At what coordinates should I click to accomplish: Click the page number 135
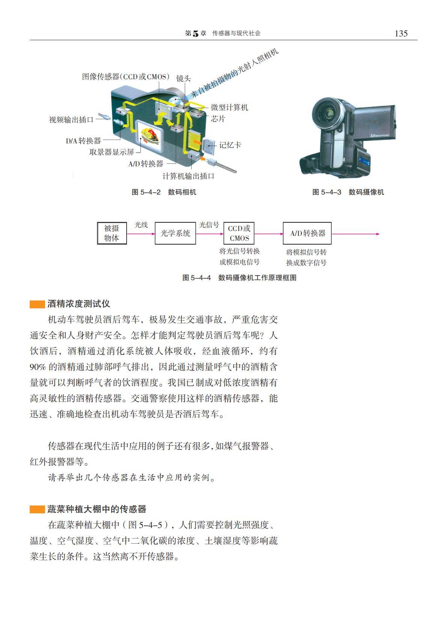[401, 33]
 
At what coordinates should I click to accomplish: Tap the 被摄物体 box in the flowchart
[112, 233]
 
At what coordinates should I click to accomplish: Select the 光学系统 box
[175, 233]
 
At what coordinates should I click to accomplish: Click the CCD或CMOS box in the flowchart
[239, 233]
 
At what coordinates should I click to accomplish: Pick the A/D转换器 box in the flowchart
[307, 233]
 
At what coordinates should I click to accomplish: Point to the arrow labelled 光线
[141, 234]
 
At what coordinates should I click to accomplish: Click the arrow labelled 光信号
[210, 234]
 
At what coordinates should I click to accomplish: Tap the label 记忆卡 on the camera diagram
[230, 145]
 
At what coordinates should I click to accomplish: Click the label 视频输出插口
[71, 120]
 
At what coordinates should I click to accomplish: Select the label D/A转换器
[83, 140]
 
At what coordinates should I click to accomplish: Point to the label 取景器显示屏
[112, 152]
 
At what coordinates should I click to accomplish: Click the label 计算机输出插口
[188, 176]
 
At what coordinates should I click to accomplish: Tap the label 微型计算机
[229, 107]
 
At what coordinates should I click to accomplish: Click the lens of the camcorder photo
[328, 114]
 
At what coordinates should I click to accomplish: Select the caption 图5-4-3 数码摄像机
[348, 192]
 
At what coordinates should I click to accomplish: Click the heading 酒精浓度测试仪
[79, 304]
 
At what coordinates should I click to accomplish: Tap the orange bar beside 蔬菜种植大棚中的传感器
[37, 509]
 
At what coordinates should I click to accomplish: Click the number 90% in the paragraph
[38, 367]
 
